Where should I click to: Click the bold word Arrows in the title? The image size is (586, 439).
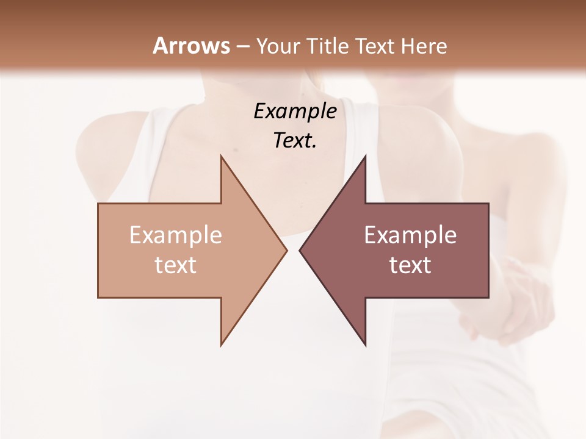[x=191, y=46]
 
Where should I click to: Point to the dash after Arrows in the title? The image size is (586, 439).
[x=242, y=46]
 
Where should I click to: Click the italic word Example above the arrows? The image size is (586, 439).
[x=295, y=111]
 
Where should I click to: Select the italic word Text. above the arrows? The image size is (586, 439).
[x=295, y=140]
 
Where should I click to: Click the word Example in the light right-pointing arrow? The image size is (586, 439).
[x=176, y=235]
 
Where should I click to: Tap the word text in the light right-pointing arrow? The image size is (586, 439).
[x=176, y=265]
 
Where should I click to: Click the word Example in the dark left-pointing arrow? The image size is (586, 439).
[x=410, y=235]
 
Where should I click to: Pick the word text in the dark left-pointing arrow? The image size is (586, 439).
[x=410, y=265]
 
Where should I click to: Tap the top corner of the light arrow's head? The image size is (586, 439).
[x=221, y=156]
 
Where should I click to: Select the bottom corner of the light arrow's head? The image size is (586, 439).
[x=221, y=344]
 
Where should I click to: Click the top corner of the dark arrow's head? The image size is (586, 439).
[x=365, y=156]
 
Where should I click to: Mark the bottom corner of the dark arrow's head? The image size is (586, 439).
[x=365, y=344]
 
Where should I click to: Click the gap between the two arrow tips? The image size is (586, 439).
[x=293, y=250]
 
